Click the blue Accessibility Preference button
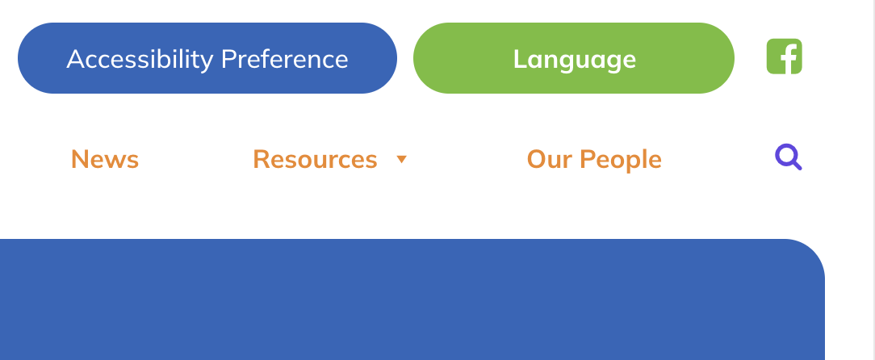(x=207, y=58)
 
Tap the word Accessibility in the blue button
(x=140, y=60)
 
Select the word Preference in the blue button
(x=285, y=59)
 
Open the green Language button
(x=574, y=58)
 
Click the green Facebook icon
(x=784, y=57)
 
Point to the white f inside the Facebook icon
(x=787, y=59)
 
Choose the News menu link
(x=105, y=160)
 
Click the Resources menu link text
(x=316, y=160)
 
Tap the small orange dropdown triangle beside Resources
(x=401, y=160)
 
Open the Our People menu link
(x=594, y=160)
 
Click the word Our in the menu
(x=549, y=160)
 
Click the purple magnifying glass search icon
(x=789, y=157)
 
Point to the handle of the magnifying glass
(x=797, y=165)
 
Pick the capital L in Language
(x=520, y=59)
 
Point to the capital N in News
(x=80, y=160)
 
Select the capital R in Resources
(x=262, y=160)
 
